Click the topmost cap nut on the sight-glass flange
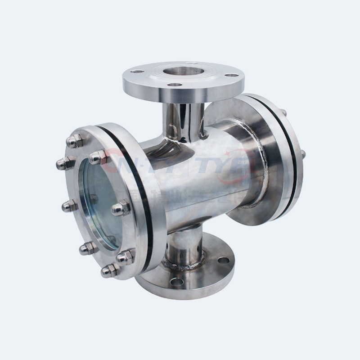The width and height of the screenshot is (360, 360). [x=74, y=141]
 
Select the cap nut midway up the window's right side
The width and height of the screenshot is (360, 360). [x=121, y=208]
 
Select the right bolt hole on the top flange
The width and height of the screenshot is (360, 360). [x=230, y=75]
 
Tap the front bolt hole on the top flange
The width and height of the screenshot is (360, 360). [x=175, y=85]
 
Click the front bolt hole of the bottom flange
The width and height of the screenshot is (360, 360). [x=176, y=281]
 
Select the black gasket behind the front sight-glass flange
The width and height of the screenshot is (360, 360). [x=135, y=180]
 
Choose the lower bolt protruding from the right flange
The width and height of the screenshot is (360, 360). [x=303, y=154]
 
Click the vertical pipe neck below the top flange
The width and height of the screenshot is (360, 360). [x=182, y=119]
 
